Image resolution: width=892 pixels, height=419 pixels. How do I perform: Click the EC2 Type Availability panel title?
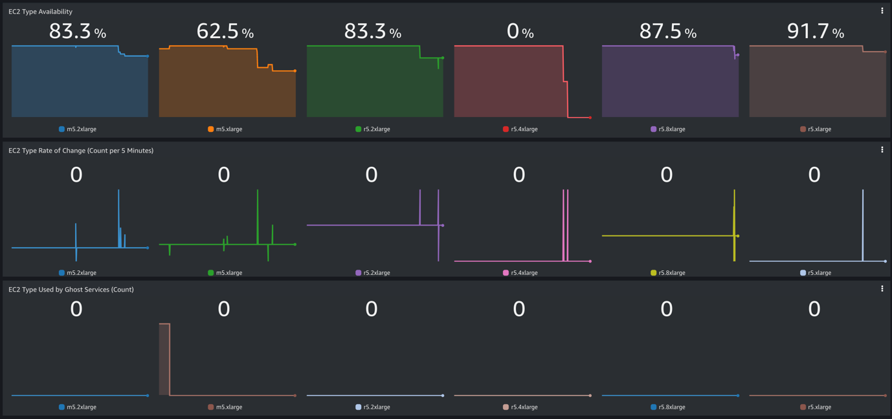coord(40,12)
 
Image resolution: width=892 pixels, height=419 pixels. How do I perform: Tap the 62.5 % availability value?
coord(225,31)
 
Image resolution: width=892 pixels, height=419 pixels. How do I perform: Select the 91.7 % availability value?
coord(815,31)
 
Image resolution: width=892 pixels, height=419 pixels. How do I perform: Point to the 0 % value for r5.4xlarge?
coord(520,31)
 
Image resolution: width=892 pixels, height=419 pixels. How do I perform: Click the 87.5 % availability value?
coord(667,31)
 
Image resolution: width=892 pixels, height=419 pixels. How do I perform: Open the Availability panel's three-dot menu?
coord(882,11)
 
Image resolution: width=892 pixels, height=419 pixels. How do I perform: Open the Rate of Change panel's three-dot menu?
coord(882,150)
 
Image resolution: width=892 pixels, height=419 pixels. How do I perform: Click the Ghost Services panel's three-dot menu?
coord(882,289)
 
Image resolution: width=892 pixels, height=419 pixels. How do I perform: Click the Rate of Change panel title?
coord(81,151)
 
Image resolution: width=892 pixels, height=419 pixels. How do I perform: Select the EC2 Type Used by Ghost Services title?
coord(71,290)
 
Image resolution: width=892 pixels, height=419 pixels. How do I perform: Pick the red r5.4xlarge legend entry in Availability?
coord(520,129)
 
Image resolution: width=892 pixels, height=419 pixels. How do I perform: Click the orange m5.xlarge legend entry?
coord(225,129)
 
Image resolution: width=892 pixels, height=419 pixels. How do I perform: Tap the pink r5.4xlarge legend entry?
coord(520,273)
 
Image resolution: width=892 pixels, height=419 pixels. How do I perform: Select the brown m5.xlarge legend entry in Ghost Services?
coord(225,407)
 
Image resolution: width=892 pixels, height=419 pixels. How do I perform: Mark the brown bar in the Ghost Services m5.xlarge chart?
coord(164,359)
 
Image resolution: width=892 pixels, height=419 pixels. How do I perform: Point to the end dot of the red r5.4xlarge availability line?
coord(590,118)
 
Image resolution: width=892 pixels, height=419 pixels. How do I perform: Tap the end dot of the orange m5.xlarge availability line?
coord(295,71)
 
